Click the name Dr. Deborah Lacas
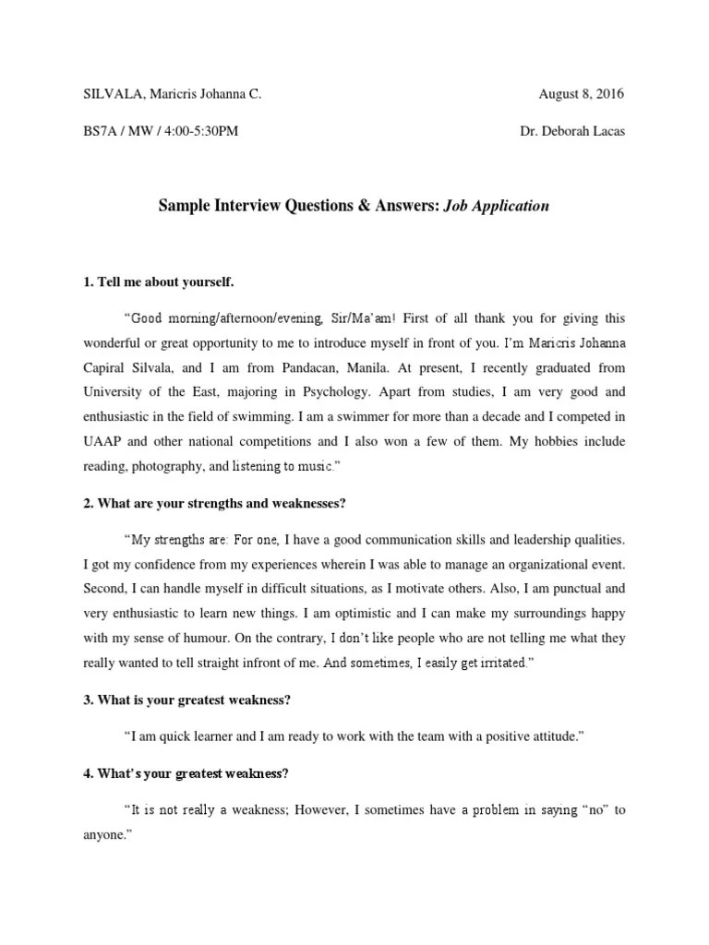571,131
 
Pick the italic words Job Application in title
496,206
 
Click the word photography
169,468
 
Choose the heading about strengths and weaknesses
214,504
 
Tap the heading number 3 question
188,700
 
